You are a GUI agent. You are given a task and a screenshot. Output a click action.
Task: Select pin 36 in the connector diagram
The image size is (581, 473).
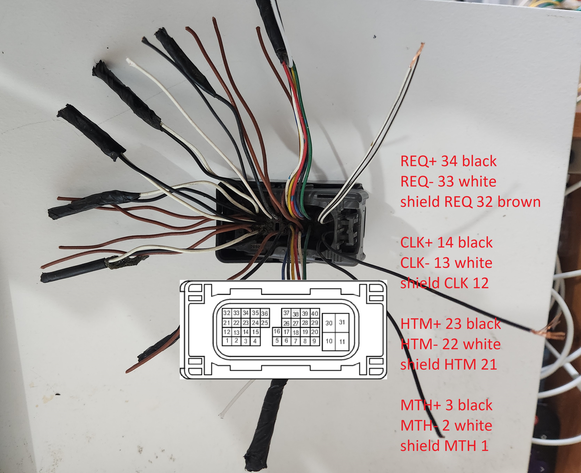tap(264, 313)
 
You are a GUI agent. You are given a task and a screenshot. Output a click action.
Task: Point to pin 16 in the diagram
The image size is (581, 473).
tap(277, 331)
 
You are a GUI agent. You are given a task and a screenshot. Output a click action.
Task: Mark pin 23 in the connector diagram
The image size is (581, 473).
tap(246, 323)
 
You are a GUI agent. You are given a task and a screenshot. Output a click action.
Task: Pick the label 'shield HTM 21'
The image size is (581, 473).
tap(448, 364)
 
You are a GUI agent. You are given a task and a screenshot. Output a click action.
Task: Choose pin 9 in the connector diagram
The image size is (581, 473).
tap(314, 341)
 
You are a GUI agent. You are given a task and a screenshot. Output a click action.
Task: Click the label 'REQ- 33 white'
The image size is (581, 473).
tap(448, 181)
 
